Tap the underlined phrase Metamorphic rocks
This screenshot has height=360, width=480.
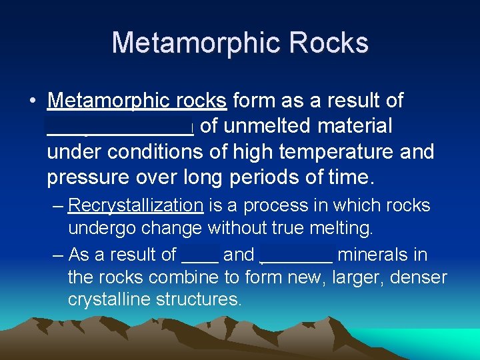[x=137, y=101]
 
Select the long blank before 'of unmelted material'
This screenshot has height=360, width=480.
[x=120, y=127]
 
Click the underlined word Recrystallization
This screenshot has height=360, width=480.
[x=135, y=205]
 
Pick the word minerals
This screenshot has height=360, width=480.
[x=383, y=255]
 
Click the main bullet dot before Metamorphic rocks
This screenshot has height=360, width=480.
[x=32, y=101]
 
